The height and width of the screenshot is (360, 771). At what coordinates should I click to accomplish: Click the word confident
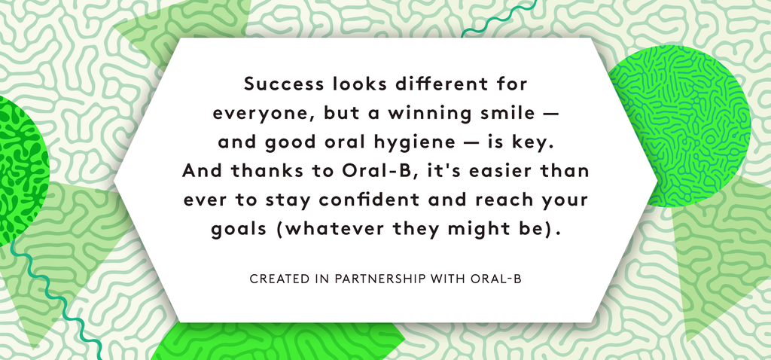pyautogui.click(x=367, y=200)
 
